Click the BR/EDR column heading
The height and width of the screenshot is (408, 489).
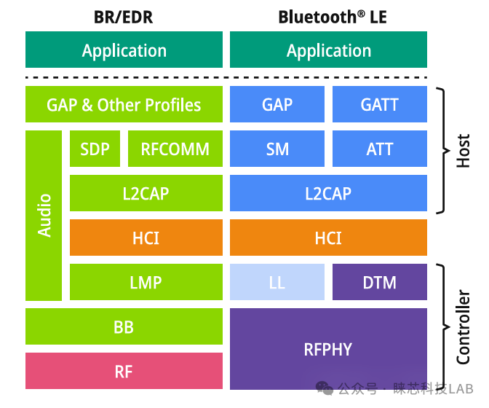pyautogui.click(x=124, y=16)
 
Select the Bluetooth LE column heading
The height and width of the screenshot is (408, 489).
pyautogui.click(x=328, y=16)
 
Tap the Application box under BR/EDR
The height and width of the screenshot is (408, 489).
pyautogui.click(x=124, y=50)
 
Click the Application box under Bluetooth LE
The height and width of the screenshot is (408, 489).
pyautogui.click(x=328, y=50)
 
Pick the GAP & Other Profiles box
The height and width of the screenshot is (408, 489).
pyautogui.click(x=124, y=104)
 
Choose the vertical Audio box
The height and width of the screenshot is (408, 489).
pyautogui.click(x=44, y=215)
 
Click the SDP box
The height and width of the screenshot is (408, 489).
pyautogui.click(x=95, y=149)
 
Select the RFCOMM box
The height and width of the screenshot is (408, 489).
pyautogui.click(x=175, y=149)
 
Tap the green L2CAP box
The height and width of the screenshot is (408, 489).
pyautogui.click(x=146, y=193)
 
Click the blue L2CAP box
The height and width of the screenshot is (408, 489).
pyautogui.click(x=328, y=193)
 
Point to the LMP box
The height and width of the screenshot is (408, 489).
pyautogui.click(x=146, y=282)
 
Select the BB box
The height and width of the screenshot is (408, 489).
pyautogui.click(x=124, y=326)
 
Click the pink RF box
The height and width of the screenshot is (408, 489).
pyautogui.click(x=124, y=371)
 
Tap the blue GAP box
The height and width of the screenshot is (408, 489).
pyautogui.click(x=277, y=104)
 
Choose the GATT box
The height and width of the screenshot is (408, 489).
pyautogui.click(x=379, y=104)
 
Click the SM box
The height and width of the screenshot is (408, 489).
pyautogui.click(x=277, y=149)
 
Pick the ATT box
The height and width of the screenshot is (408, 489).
pyautogui.click(x=379, y=149)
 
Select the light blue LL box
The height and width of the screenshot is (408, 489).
pyautogui.click(x=277, y=282)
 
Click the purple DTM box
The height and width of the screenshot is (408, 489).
pyautogui.click(x=379, y=282)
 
